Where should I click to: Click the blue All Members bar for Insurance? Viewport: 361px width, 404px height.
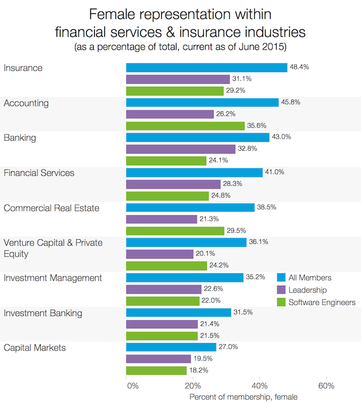(x=207, y=68)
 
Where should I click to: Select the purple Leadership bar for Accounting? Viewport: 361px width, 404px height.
(x=170, y=114)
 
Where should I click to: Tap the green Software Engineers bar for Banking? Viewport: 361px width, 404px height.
(x=167, y=161)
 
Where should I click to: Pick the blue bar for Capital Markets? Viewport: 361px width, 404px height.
(x=171, y=348)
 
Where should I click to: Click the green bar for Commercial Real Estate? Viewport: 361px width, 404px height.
(x=175, y=231)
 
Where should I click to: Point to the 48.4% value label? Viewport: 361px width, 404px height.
(x=299, y=68)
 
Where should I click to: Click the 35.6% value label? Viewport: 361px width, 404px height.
(x=256, y=126)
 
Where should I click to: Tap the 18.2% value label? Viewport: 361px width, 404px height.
(x=198, y=370)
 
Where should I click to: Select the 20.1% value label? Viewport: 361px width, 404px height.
(x=205, y=254)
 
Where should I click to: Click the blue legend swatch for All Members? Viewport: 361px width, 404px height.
(x=281, y=278)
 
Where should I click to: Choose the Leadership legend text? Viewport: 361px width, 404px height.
(x=307, y=290)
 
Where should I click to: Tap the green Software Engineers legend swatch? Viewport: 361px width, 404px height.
(x=281, y=302)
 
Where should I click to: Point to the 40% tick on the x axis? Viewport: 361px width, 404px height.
(x=260, y=386)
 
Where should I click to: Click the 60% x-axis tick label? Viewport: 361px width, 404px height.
(x=326, y=386)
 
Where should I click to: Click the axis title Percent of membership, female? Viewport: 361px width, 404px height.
(x=243, y=397)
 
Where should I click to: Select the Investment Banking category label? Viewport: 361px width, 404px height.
(x=43, y=313)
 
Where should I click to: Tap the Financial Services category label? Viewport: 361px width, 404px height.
(x=39, y=173)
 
